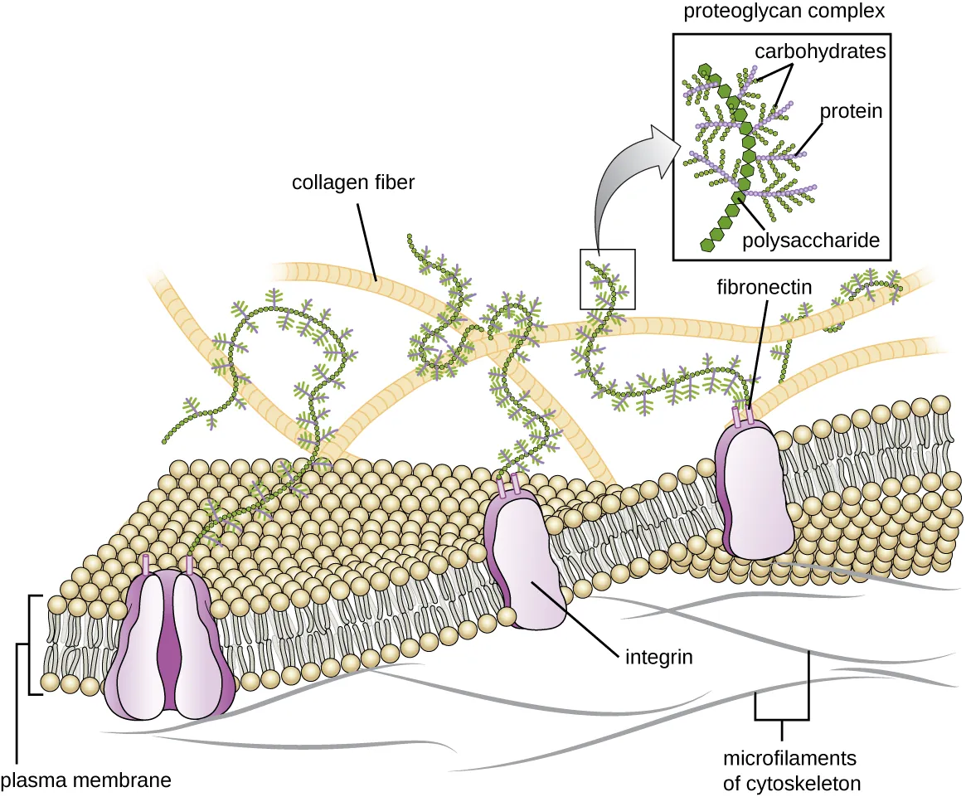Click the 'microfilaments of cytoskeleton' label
pos(789,770)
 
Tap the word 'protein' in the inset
pos(851,111)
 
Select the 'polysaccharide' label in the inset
pos(810,241)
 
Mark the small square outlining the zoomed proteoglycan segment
pos(608,279)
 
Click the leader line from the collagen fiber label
pos(366,241)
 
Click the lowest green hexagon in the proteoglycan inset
pos(708,244)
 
